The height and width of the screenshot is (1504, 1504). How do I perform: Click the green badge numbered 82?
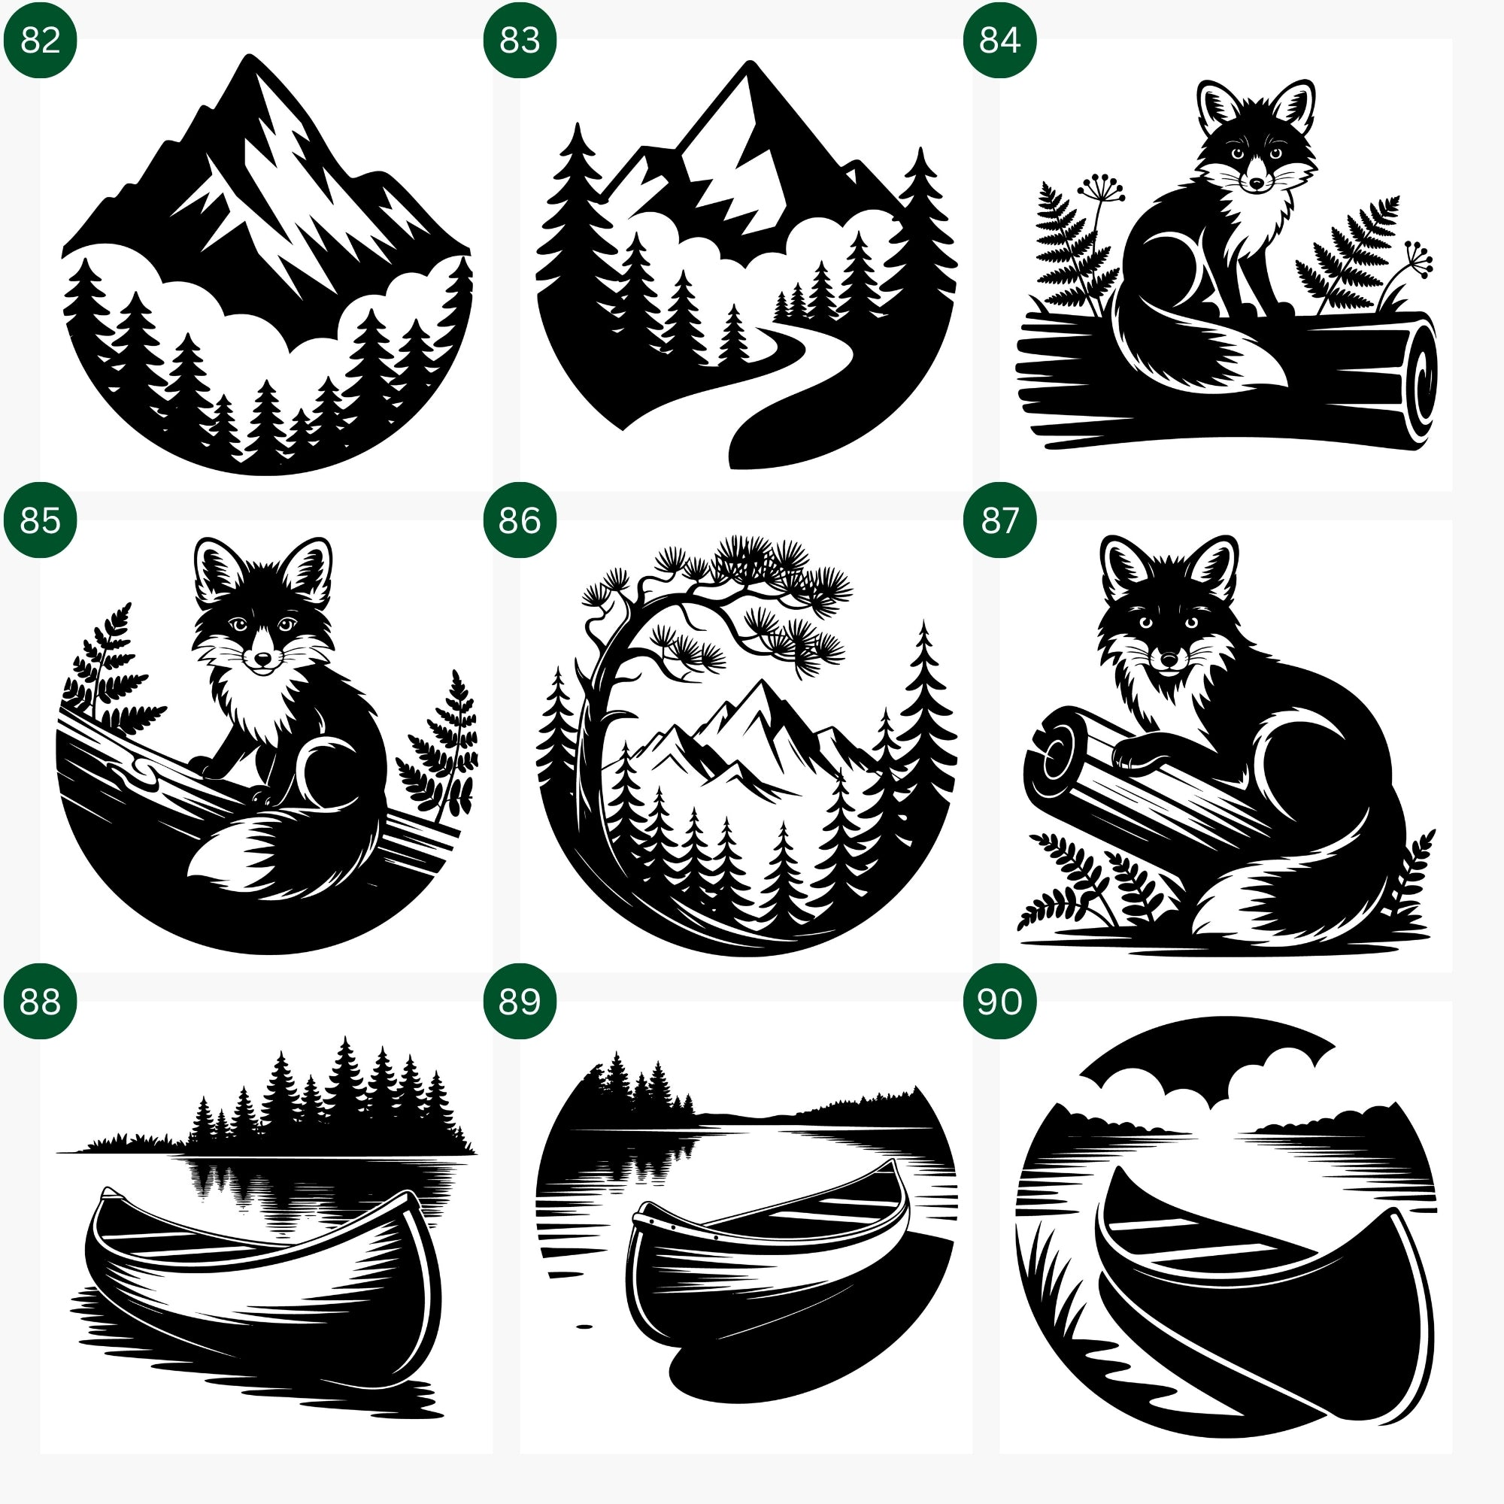coord(40,40)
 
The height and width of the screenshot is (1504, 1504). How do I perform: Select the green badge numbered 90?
coord(999,1000)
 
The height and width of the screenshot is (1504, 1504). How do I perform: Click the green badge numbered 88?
coord(40,1000)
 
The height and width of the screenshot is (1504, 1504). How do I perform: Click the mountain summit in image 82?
coord(249,59)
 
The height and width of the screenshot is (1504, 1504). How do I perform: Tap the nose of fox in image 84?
coord(1257,183)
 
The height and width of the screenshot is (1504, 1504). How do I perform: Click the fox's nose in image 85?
coord(264,659)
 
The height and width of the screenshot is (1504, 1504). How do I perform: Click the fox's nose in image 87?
coord(1169,661)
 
